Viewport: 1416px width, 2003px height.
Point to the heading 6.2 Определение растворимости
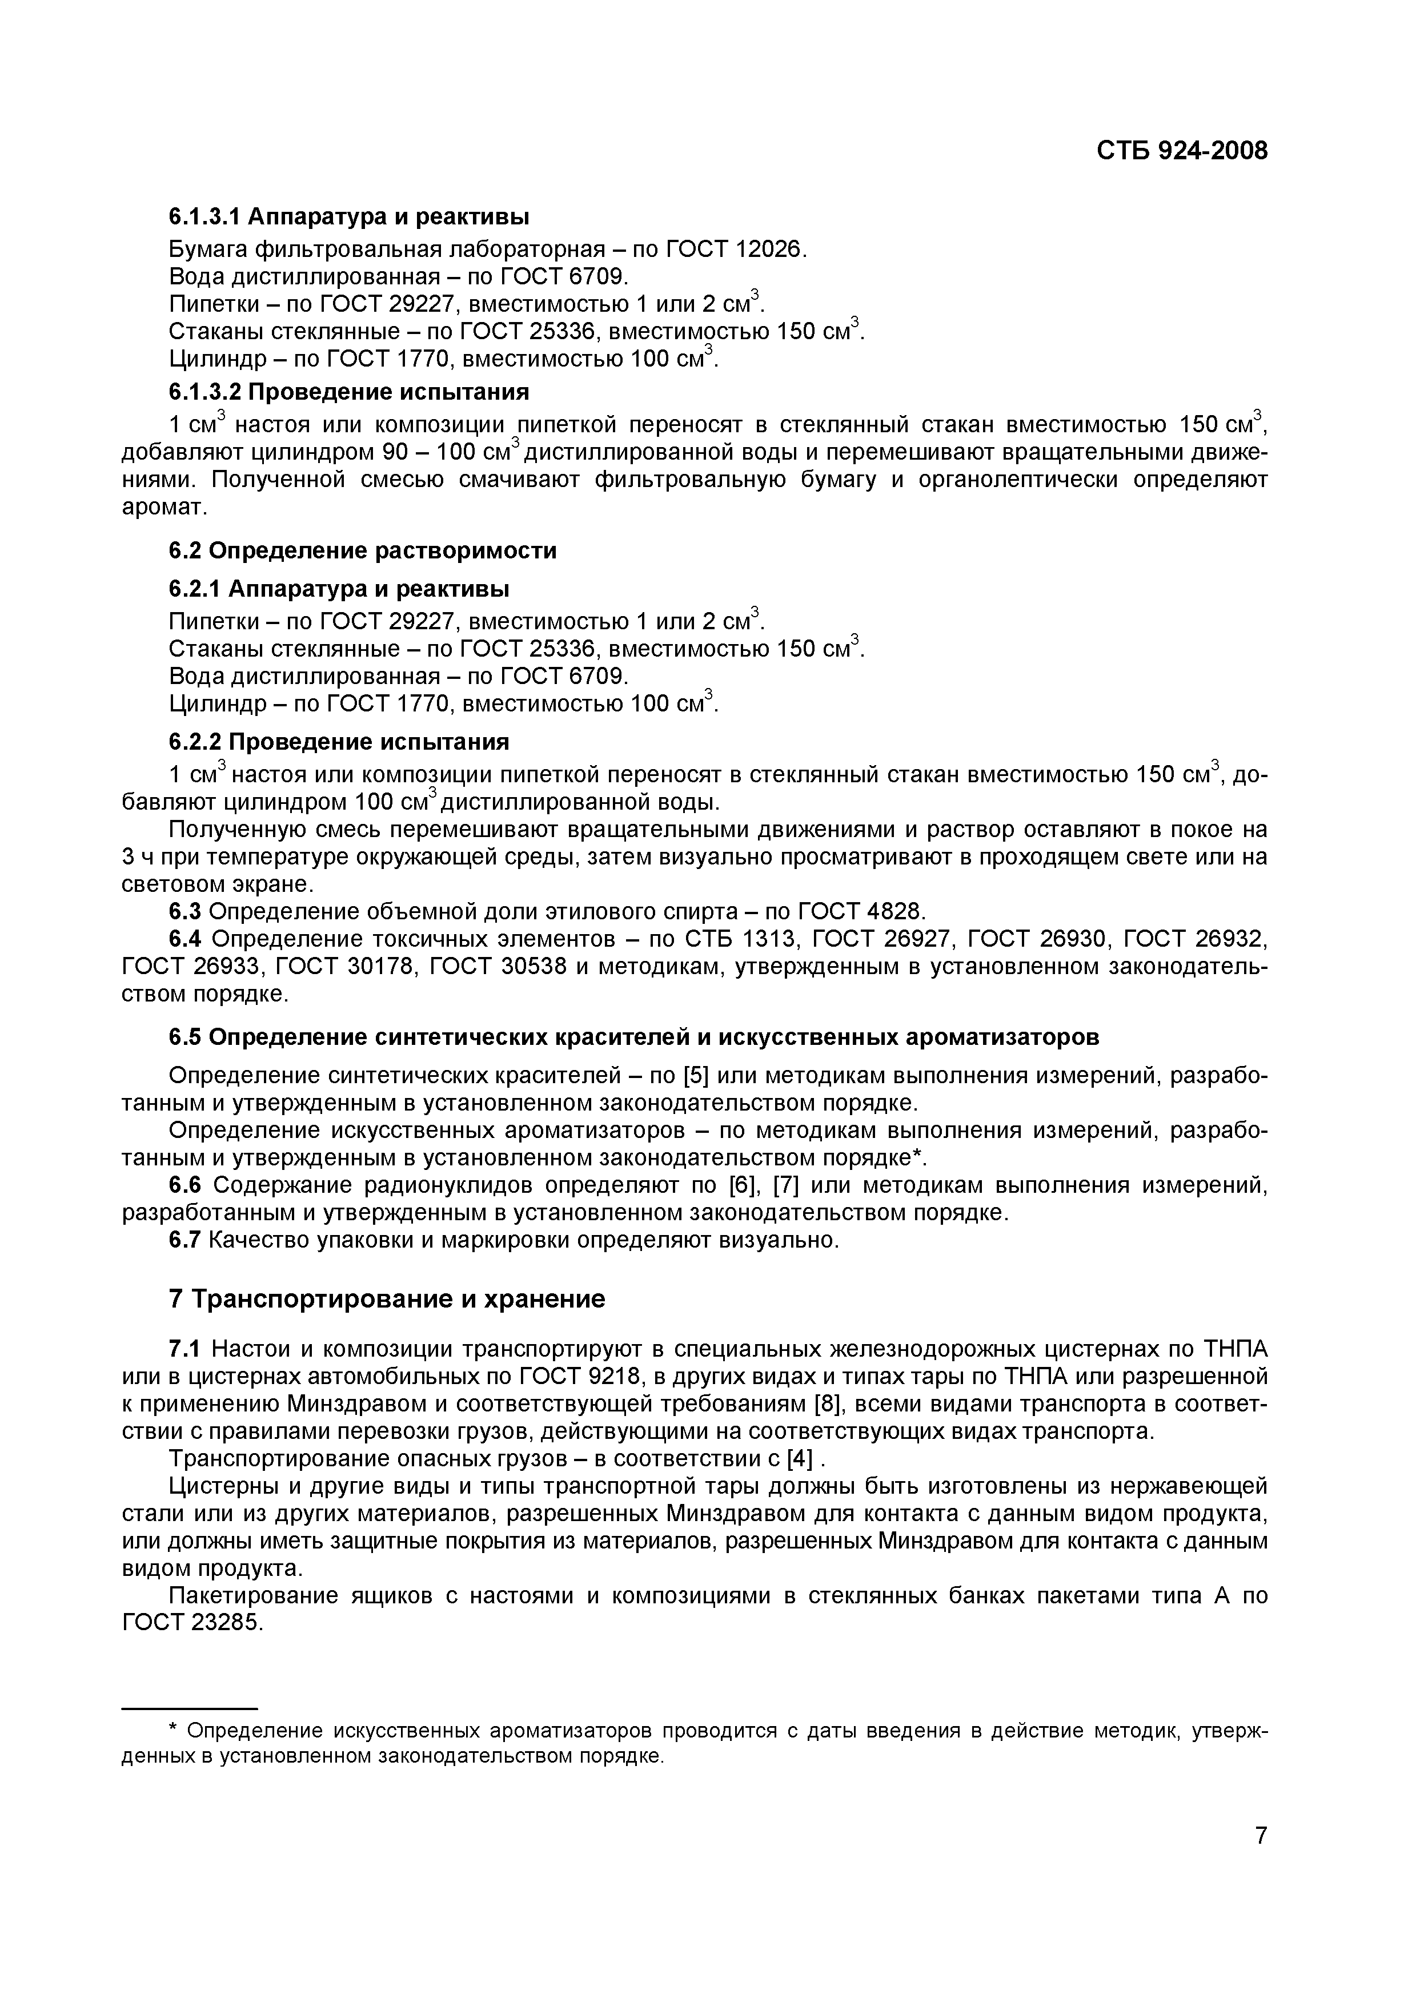point(362,550)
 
